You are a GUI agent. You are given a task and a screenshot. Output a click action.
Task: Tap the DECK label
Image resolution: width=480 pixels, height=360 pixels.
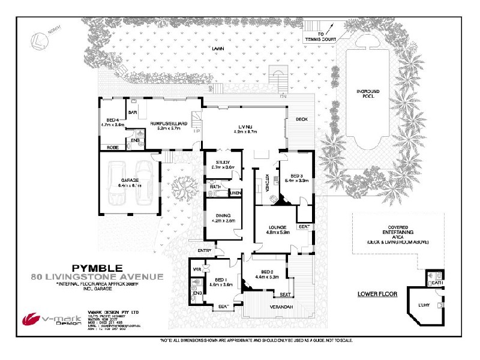pyautogui.click(x=301, y=119)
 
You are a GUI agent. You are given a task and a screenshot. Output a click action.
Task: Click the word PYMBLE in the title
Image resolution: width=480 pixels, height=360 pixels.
pyautogui.click(x=98, y=267)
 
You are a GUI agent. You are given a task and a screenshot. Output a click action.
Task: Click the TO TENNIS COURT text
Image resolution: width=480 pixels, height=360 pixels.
pyautogui.click(x=328, y=37)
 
